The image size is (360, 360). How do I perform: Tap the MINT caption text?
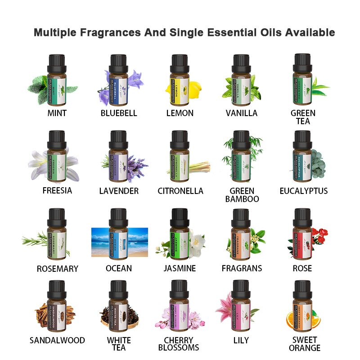[57, 113]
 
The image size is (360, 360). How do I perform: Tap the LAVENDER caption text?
[119, 191]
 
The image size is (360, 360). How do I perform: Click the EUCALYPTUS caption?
[303, 191]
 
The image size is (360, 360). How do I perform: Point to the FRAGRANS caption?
[242, 268]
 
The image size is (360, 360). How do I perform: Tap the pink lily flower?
[225, 306]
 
